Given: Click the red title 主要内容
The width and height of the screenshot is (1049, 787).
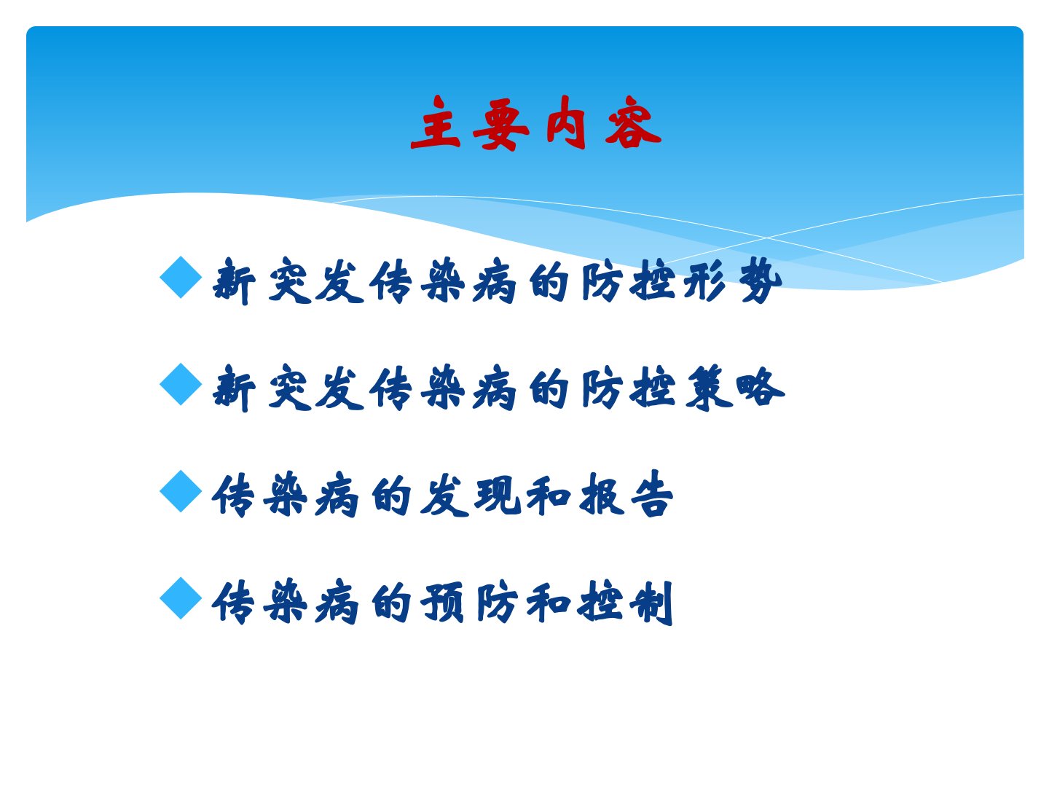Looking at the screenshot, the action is (x=535, y=123).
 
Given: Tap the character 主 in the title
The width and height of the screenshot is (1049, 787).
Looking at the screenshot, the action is (x=436, y=123).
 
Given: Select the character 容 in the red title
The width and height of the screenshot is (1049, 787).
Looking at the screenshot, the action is (x=633, y=123).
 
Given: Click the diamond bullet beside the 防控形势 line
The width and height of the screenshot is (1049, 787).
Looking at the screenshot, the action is (x=181, y=278).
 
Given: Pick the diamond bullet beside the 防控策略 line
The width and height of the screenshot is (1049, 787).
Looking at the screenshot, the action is (x=181, y=384).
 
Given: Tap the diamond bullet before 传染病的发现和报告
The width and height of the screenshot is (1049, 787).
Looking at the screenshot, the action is (x=181, y=491).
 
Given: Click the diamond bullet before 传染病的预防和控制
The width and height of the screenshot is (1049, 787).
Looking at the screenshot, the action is (x=181, y=598).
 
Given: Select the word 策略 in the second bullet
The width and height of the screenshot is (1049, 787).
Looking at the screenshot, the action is (x=735, y=388).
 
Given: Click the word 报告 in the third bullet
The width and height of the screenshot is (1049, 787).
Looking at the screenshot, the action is (x=626, y=495).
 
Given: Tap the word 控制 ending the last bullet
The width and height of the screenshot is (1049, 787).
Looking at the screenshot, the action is (x=625, y=602).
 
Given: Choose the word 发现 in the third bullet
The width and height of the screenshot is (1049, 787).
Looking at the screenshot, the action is (x=470, y=495).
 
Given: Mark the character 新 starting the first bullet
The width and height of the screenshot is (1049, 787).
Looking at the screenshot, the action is (x=233, y=281).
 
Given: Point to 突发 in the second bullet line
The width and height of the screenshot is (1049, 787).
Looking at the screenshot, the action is (x=316, y=388).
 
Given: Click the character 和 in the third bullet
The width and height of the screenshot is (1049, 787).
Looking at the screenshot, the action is (x=548, y=495).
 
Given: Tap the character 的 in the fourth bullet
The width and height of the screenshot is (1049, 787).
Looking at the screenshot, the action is (x=391, y=602).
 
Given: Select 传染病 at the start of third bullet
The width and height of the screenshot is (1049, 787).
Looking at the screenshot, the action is (x=285, y=495).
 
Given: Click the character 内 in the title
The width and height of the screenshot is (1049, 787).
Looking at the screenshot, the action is (x=566, y=123).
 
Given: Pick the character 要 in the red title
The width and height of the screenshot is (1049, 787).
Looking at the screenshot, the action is (x=501, y=124).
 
